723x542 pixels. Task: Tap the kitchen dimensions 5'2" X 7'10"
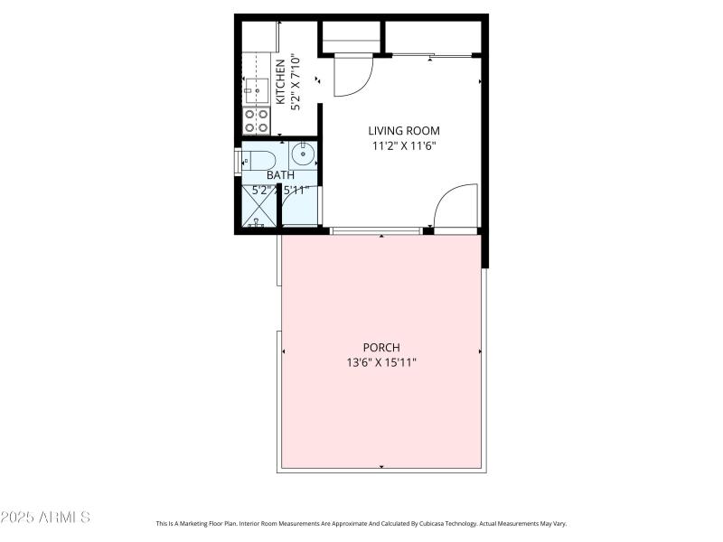[296, 85]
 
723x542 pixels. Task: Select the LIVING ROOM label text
[404, 131]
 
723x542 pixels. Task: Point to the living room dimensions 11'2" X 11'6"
[404, 145]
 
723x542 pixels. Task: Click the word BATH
[280, 175]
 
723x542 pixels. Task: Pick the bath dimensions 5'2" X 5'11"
[280, 190]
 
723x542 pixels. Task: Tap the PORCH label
[381, 347]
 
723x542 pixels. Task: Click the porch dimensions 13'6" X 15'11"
[381, 362]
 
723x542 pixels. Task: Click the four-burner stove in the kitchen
[257, 120]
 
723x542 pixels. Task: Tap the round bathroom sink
[303, 155]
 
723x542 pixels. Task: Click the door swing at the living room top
[352, 76]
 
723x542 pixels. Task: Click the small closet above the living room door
[351, 36]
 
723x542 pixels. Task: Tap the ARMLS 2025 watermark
[45, 518]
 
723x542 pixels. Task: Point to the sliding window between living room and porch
[376, 231]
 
